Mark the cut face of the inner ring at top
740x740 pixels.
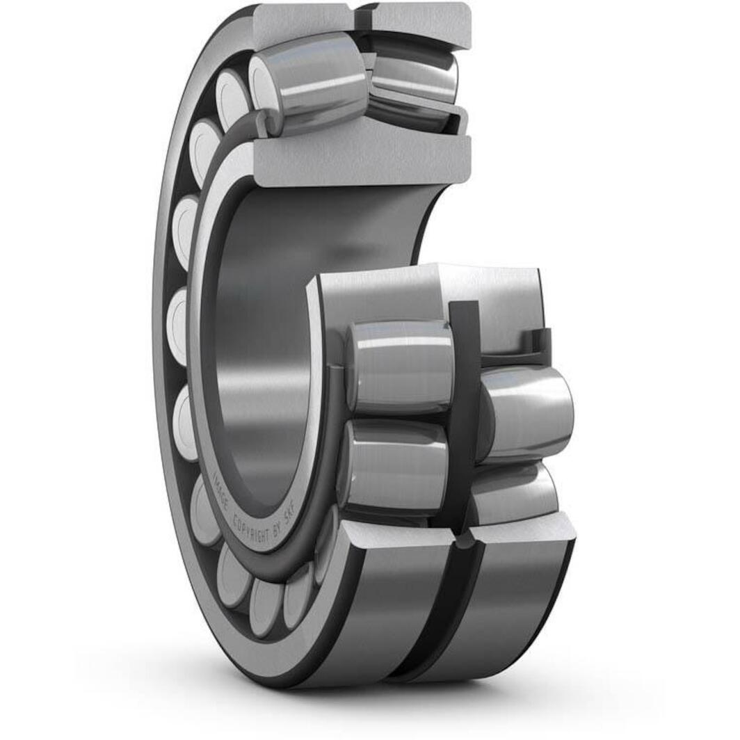click(x=362, y=156)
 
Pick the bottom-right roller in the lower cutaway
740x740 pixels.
click(x=515, y=494)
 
